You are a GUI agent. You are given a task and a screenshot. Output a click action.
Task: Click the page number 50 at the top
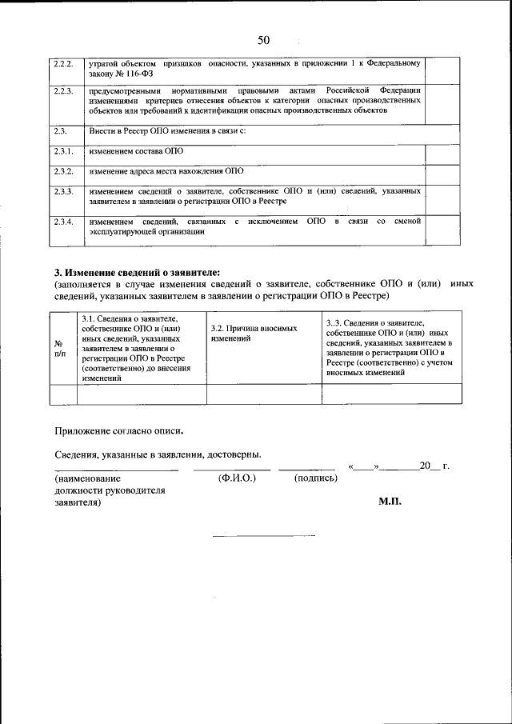click(264, 41)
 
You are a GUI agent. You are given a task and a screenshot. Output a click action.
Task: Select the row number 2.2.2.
click(63, 62)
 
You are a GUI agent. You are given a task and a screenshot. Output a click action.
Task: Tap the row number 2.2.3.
click(63, 90)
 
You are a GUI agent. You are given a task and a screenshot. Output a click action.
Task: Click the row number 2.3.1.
click(63, 151)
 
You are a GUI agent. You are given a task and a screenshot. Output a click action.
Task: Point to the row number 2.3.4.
click(63, 221)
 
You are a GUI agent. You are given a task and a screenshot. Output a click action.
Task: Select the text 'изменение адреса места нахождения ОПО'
click(166, 171)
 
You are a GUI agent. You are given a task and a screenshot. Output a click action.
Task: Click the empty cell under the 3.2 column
click(264, 394)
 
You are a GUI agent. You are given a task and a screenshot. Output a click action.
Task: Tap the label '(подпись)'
click(315, 478)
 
